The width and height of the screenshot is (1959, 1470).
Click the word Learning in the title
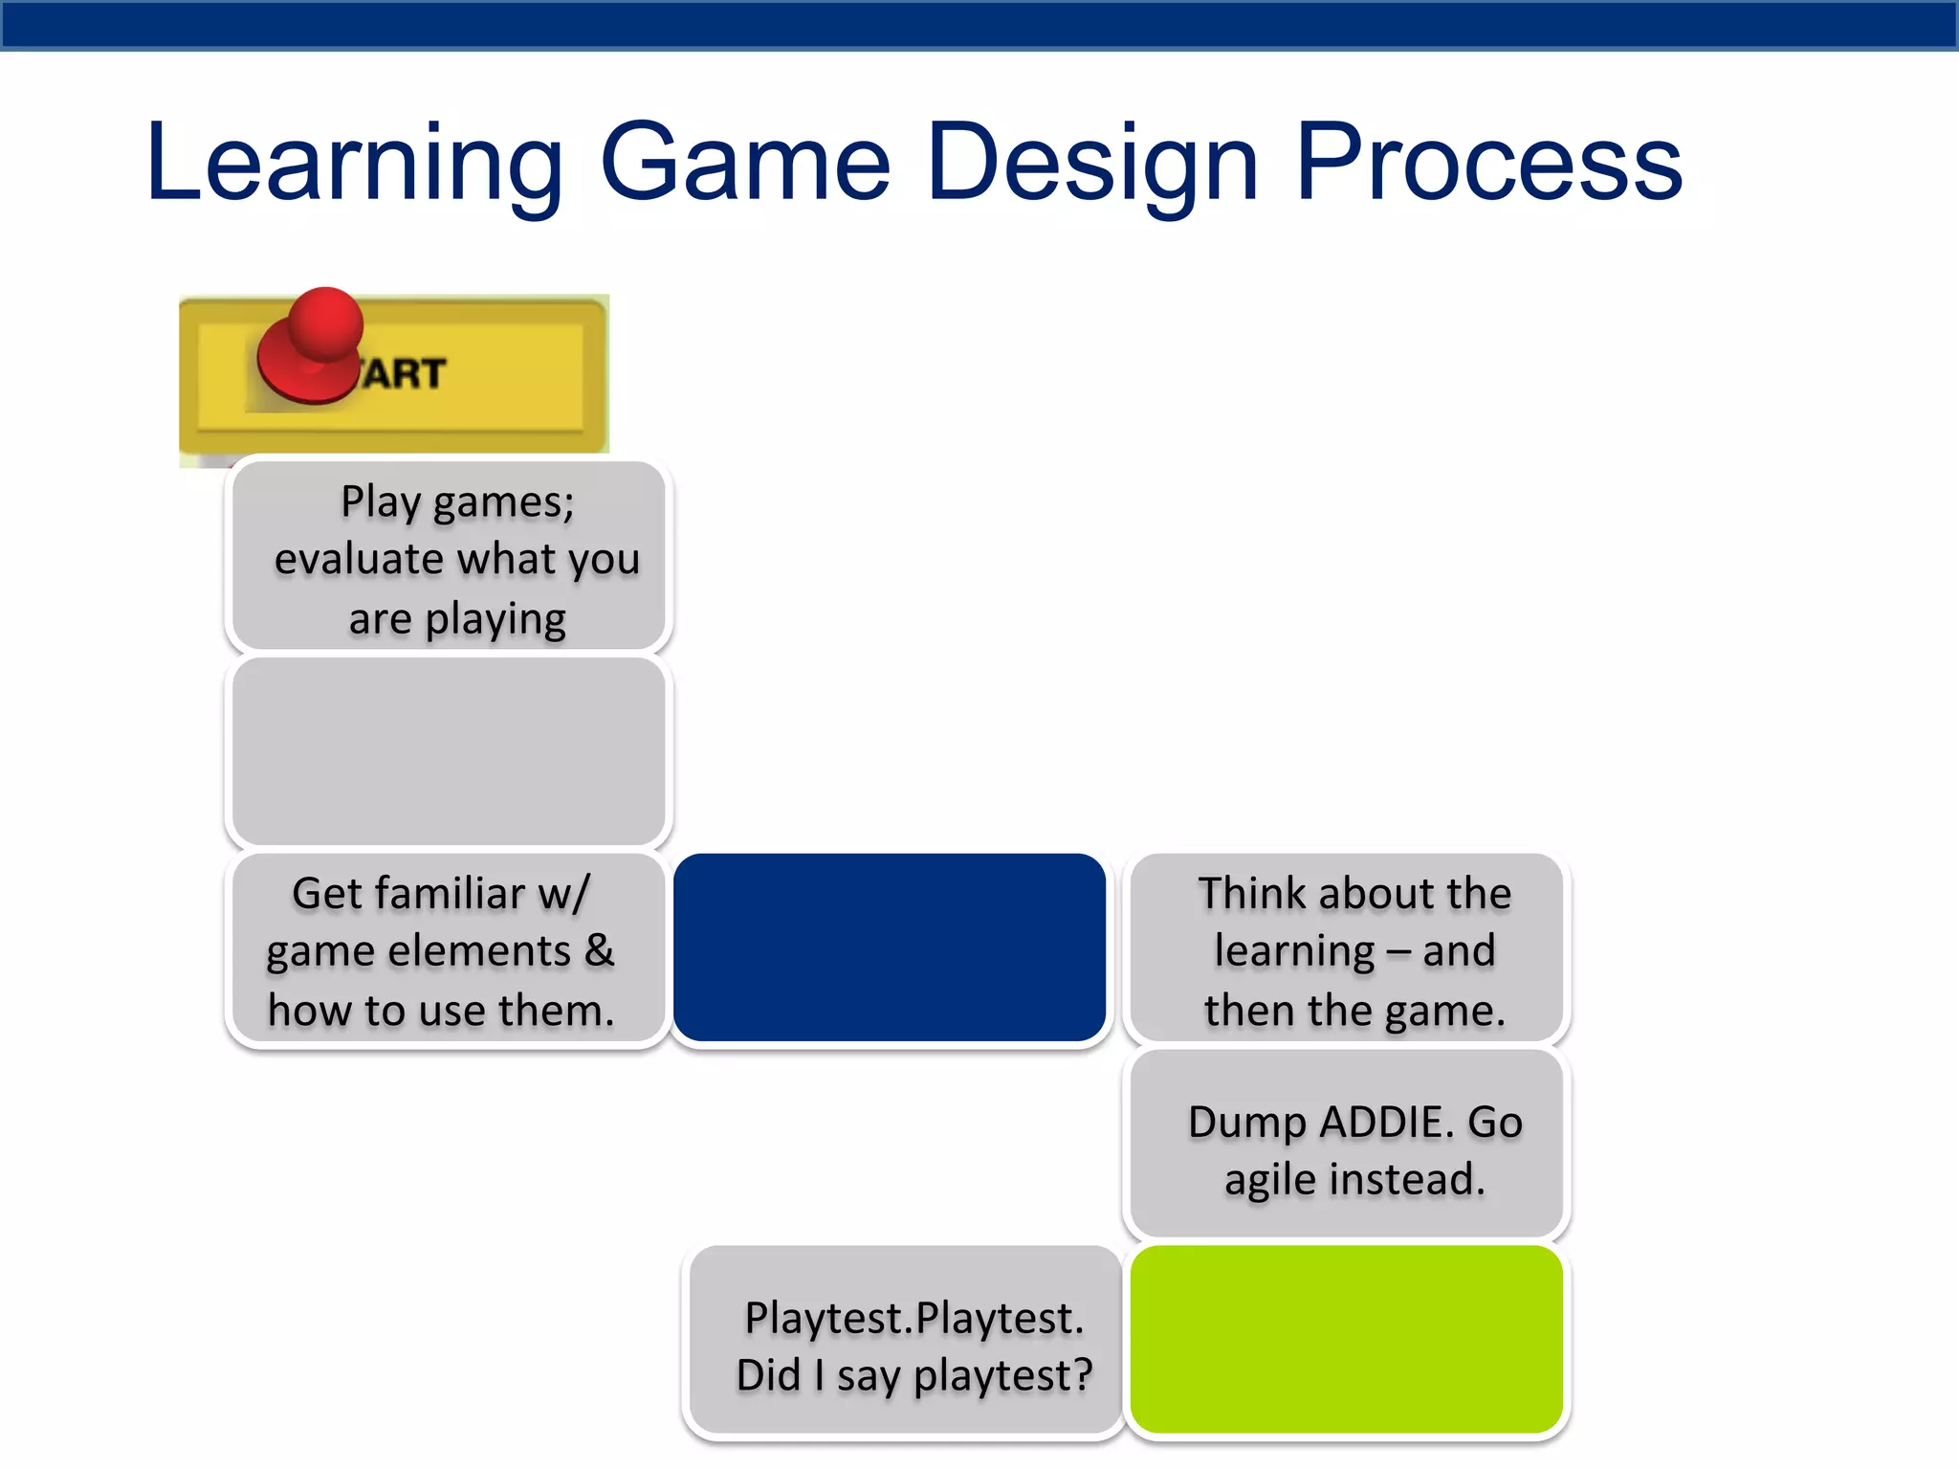click(354, 165)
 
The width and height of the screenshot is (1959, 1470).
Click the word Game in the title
click(745, 165)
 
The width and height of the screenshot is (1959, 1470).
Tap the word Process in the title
click(1488, 165)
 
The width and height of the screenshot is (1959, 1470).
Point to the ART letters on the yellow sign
click(404, 374)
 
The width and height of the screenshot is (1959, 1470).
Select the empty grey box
click(448, 751)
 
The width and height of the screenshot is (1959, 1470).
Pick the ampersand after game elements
click(599, 951)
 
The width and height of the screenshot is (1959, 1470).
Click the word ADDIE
click(1387, 1123)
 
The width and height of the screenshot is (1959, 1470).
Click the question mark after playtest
click(1082, 1376)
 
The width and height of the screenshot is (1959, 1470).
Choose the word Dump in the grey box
click(1246, 1123)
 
